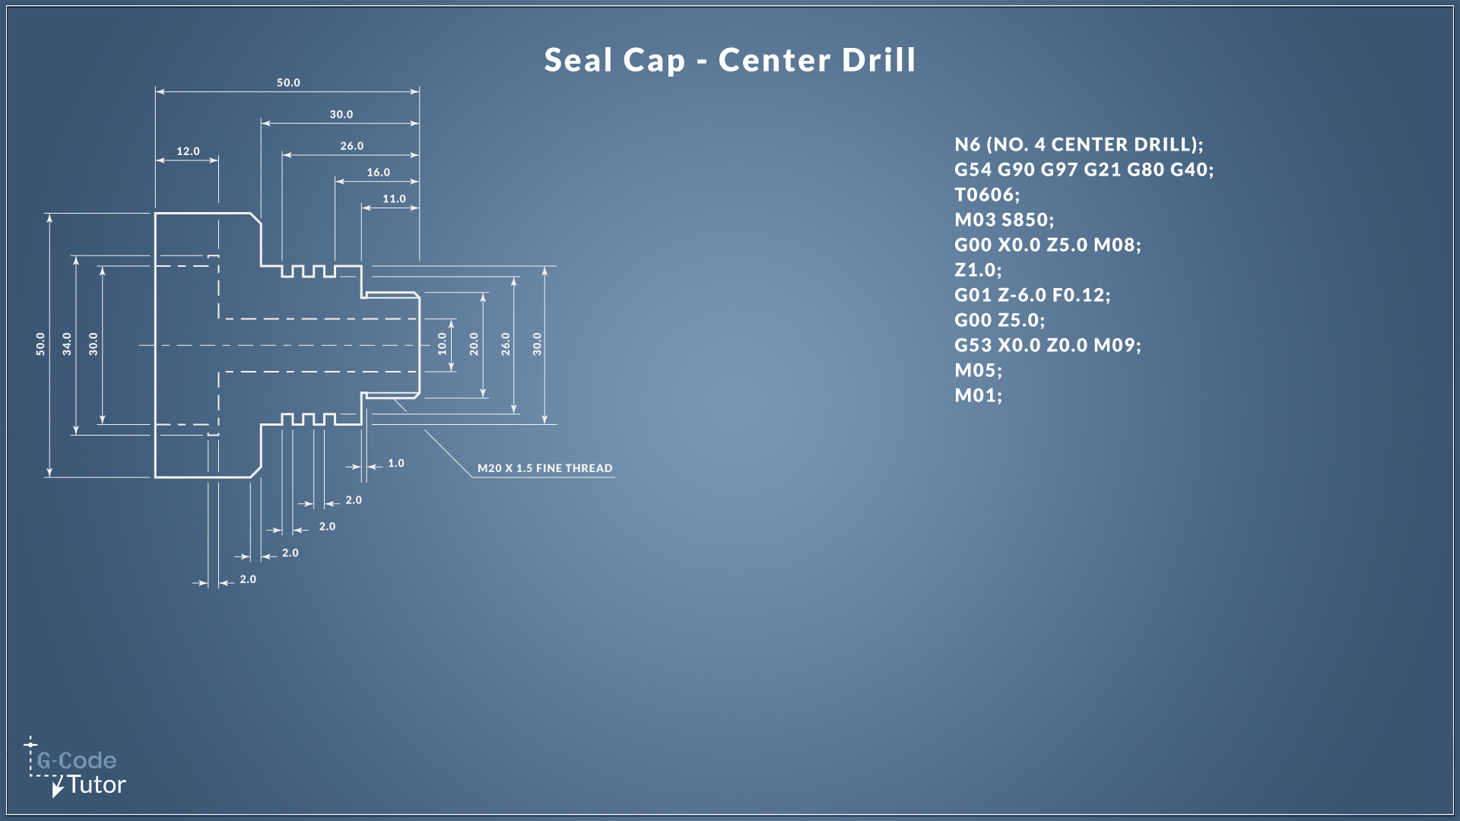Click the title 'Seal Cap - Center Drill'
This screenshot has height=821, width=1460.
pyautogui.click(x=730, y=60)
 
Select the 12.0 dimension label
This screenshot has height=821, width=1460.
pyautogui.click(x=188, y=151)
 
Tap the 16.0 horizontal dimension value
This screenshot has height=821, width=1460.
pyautogui.click(x=378, y=173)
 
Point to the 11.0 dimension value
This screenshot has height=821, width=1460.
pyautogui.click(x=394, y=199)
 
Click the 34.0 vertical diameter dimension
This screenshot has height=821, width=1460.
pyautogui.click(x=67, y=344)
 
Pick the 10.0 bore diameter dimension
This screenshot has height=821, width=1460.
pyautogui.click(x=442, y=344)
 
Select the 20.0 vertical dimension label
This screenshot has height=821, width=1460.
pyautogui.click(x=474, y=344)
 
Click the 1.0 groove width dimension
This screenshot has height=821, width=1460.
pyautogui.click(x=396, y=463)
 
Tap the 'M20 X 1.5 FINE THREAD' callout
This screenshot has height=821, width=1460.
pyautogui.click(x=544, y=468)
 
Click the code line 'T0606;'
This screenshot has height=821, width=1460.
pyautogui.click(x=987, y=195)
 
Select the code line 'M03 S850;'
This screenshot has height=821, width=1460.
pyautogui.click(x=1005, y=220)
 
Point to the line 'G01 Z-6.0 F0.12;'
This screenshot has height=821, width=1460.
pyautogui.click(x=1033, y=295)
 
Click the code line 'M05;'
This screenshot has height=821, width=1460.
pyautogui.click(x=979, y=370)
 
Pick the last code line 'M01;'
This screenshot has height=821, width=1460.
pyautogui.click(x=979, y=395)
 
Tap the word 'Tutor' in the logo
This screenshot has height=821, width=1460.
pyautogui.click(x=97, y=785)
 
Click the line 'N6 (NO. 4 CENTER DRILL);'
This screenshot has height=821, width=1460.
pyautogui.click(x=1079, y=144)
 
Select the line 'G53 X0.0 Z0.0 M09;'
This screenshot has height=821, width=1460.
pyautogui.click(x=1048, y=345)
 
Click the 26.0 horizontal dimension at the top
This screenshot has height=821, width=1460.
pyautogui.click(x=351, y=146)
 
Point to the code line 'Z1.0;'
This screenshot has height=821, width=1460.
pyautogui.click(x=979, y=270)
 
